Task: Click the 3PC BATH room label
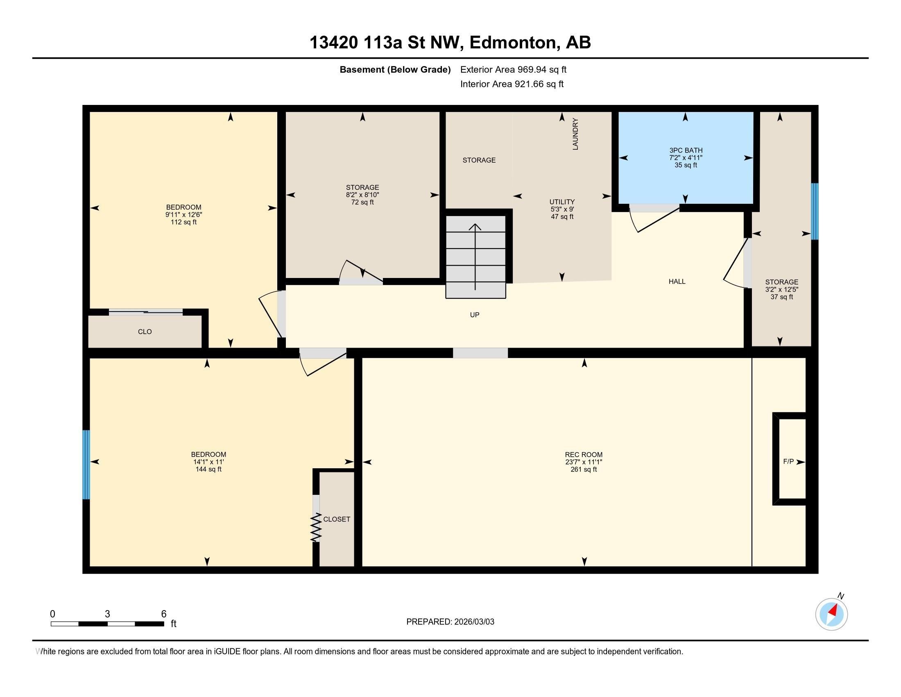686,150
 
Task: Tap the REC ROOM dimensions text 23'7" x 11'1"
584,462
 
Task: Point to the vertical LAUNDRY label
575,134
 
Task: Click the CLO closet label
145,332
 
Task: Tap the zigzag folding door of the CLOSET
316,527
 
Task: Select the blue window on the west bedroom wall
86,465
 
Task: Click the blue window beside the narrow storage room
814,212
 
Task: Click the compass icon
831,614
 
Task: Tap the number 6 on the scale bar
164,614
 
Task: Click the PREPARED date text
450,622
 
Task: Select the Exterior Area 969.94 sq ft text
513,69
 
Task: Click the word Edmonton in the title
513,43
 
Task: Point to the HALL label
677,282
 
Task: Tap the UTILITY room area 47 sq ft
562,217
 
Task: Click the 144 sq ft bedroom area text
208,469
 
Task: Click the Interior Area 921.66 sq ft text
512,84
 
